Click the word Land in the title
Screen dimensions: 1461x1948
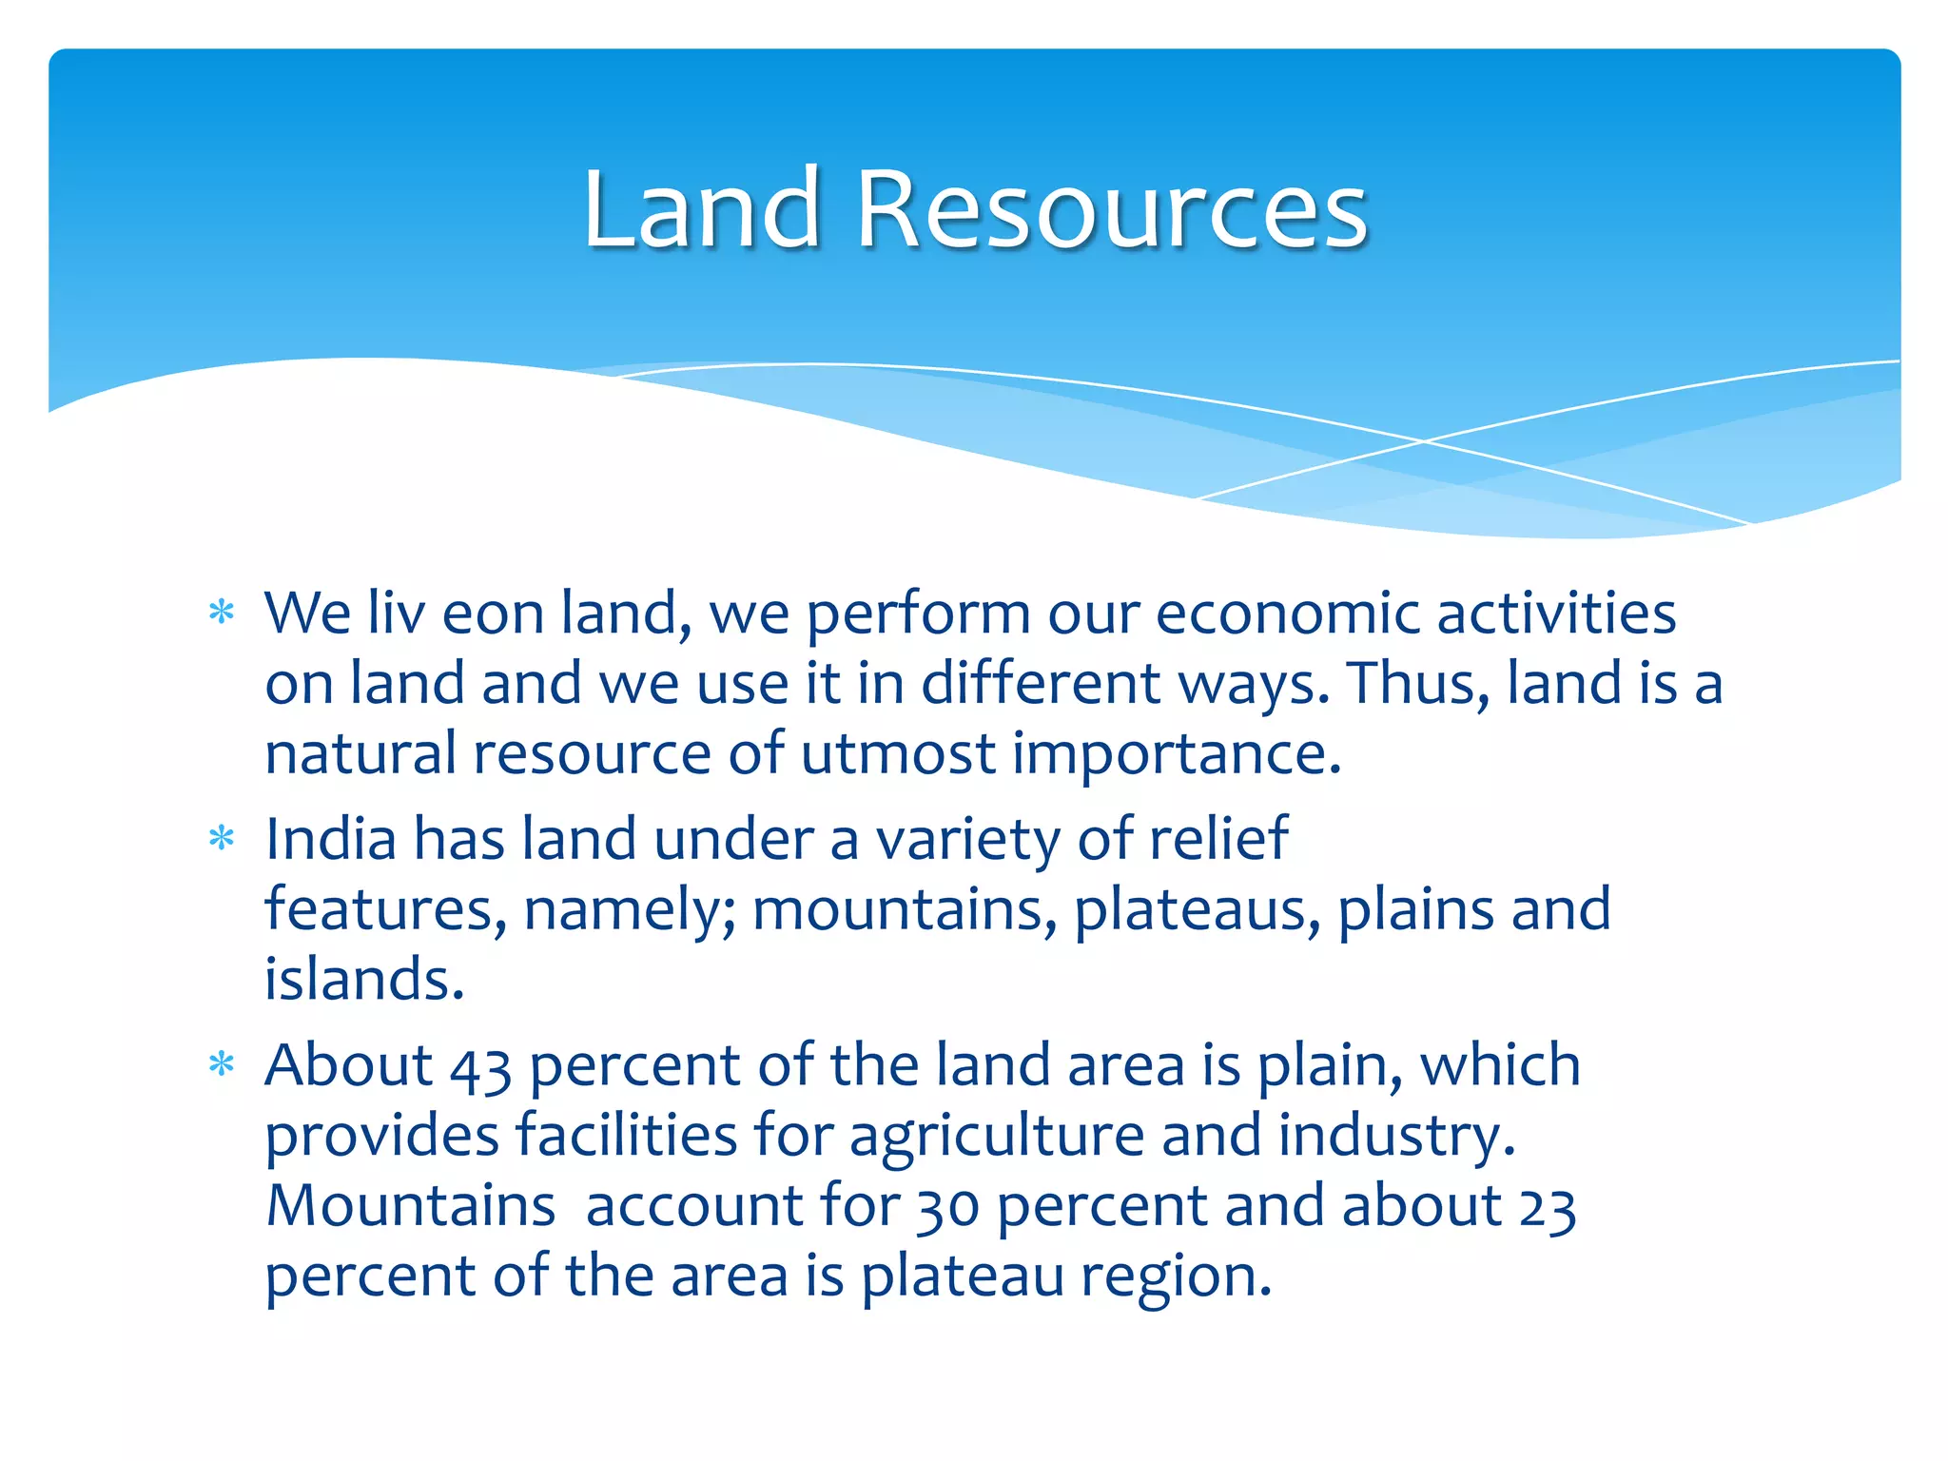(702, 209)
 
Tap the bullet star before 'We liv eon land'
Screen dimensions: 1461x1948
(222, 613)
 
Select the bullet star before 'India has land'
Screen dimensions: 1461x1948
(222, 839)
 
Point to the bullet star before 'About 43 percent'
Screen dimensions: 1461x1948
(222, 1064)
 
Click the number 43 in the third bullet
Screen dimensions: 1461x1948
(480, 1066)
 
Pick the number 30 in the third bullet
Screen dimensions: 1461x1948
(947, 1207)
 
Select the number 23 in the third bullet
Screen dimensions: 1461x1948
(1548, 1207)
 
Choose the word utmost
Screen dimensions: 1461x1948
(897, 753)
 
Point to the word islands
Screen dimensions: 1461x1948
(364, 980)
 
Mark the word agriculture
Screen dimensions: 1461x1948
(996, 1137)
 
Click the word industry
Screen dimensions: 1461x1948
(1395, 1137)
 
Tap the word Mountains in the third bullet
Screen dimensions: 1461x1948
(410, 1206)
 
